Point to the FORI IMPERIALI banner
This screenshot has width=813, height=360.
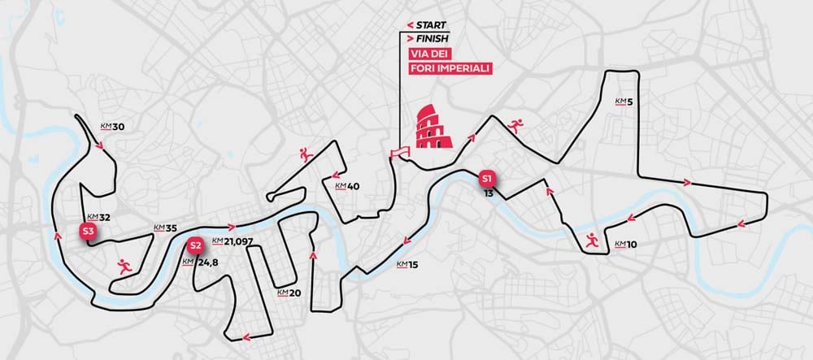pos(450,67)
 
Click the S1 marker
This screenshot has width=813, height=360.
pos(487,178)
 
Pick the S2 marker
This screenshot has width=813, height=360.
pos(193,245)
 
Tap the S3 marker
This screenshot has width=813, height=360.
pos(89,231)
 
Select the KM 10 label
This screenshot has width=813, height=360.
pos(625,244)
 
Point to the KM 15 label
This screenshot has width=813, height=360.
pos(407,265)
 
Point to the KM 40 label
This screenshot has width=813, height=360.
pos(347,186)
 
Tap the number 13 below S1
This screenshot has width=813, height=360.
pos(487,193)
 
